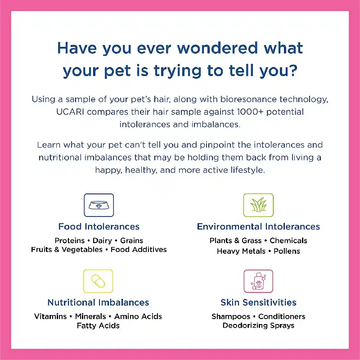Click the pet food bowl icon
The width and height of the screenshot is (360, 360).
pos(99,205)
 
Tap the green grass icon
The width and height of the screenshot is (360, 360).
pos(258,205)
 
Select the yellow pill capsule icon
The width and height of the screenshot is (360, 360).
pos(98,281)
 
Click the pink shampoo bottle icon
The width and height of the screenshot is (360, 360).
pos(258,281)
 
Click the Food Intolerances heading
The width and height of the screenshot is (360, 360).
pos(99,227)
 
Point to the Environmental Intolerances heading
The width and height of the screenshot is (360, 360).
pos(258,227)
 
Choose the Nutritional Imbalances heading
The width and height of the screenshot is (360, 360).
pos(98,302)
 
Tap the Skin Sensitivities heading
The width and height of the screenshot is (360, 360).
pos(258,302)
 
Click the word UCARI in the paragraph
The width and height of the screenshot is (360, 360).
pos(70,112)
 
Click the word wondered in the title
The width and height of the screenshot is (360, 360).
pos(218,48)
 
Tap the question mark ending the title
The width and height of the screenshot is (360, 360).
pos(293,70)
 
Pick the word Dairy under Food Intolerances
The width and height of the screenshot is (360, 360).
pos(102,240)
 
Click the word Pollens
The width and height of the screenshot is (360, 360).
pos(287,251)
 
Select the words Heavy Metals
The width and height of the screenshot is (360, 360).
pos(241,251)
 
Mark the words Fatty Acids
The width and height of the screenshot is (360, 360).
pos(98,325)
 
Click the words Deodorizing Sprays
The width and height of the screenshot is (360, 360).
pos(258,325)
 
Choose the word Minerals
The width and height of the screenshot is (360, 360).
pos(90,316)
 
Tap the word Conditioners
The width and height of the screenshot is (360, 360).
pos(282,316)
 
